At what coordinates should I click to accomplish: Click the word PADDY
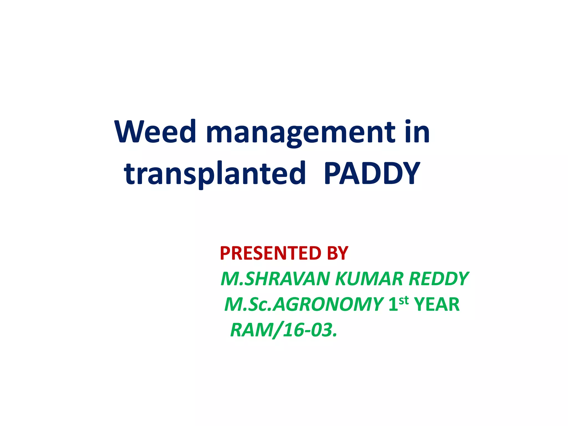tap(372, 173)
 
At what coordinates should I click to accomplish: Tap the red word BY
tap(338, 253)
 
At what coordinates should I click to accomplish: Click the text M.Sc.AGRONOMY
tap(304, 305)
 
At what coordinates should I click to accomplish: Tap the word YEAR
tap(437, 305)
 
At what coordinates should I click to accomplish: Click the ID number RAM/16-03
tap(283, 330)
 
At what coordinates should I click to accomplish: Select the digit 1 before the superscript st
tap(394, 305)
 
